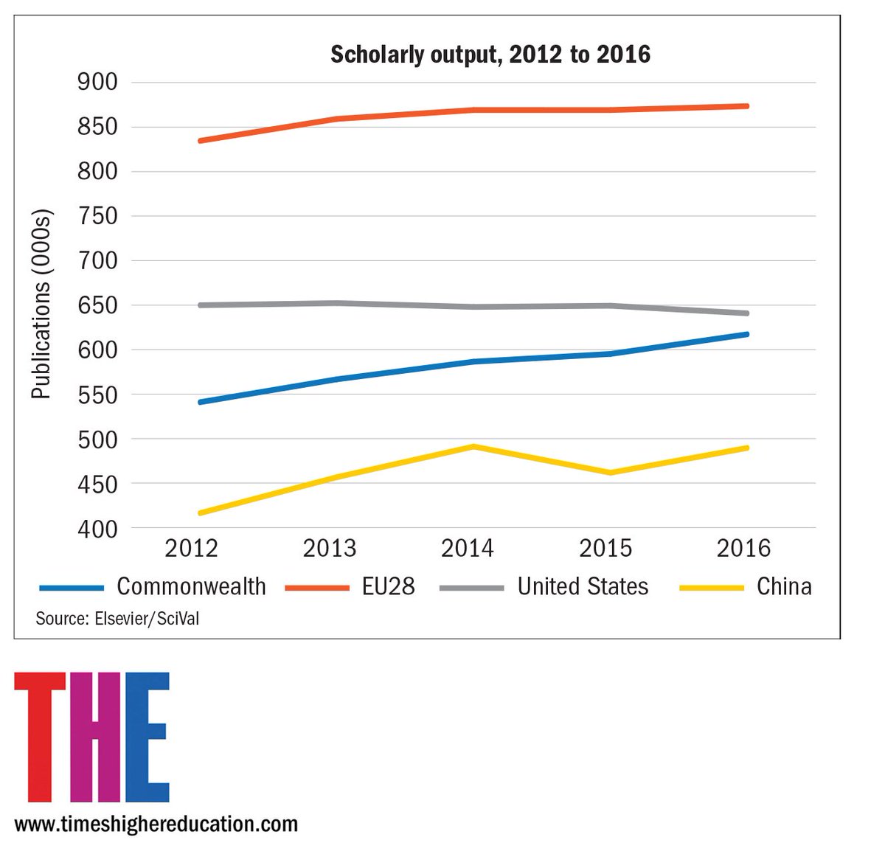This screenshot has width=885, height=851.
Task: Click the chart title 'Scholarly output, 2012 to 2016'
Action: pyautogui.click(x=490, y=55)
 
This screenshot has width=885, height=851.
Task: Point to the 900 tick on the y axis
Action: pyautogui.click(x=97, y=83)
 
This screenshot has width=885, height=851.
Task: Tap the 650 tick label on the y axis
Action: pyautogui.click(x=97, y=305)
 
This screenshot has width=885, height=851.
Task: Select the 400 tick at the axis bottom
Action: pyautogui.click(x=97, y=529)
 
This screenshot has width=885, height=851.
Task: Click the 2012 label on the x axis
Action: pyautogui.click(x=191, y=548)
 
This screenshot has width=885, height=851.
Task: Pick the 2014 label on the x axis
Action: pyautogui.click(x=467, y=548)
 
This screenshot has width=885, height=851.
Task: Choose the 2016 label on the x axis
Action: pyautogui.click(x=743, y=548)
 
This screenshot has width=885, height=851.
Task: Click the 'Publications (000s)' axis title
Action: pyautogui.click(x=42, y=305)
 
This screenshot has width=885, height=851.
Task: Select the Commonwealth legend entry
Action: pyautogui.click(x=153, y=586)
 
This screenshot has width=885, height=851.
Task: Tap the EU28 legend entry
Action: pyautogui.click(x=350, y=586)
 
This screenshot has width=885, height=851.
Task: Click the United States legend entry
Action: pyautogui.click(x=544, y=586)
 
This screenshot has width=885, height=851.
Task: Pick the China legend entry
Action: pyautogui.click(x=746, y=586)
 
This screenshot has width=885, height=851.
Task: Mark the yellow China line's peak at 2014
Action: pyautogui.click(x=473, y=446)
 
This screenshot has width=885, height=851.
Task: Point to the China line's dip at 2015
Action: pyautogui.click(x=610, y=473)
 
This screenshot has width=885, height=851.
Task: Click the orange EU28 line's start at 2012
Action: pyautogui.click(x=201, y=141)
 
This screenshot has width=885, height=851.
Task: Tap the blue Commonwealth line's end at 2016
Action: pyautogui.click(x=746, y=334)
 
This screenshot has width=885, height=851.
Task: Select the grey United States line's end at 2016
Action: pyautogui.click(x=746, y=313)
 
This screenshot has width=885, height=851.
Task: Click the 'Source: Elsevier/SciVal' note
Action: pyautogui.click(x=117, y=619)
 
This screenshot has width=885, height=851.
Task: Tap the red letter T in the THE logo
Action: pyautogui.click(x=40, y=737)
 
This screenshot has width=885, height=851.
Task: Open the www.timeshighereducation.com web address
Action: pyautogui.click(x=156, y=824)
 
